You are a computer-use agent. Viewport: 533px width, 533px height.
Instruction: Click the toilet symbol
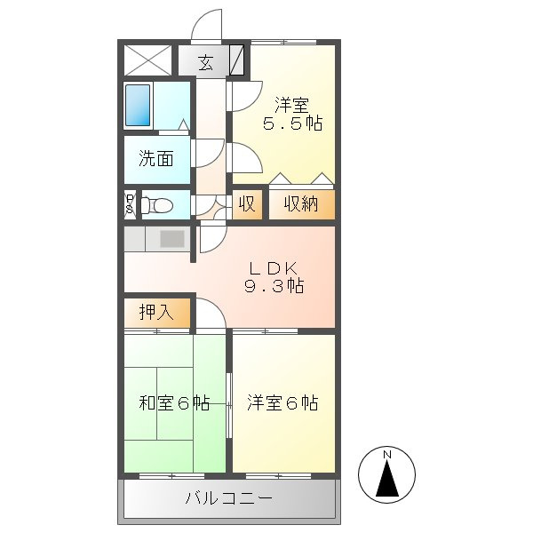[x=156, y=205]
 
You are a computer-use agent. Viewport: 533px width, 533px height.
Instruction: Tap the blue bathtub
[x=138, y=105]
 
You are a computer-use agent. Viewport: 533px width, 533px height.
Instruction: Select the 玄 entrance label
[x=206, y=62]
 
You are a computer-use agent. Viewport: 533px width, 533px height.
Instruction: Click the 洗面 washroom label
[x=156, y=158]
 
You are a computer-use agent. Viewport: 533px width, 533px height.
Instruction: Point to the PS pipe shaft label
[x=130, y=204]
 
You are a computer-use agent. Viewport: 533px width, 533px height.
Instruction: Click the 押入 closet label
[x=156, y=312]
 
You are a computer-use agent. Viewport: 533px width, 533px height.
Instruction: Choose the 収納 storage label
[x=301, y=204]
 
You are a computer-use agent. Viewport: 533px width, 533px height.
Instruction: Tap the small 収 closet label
[x=247, y=204]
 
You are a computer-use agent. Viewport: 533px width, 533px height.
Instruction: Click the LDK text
[x=274, y=268]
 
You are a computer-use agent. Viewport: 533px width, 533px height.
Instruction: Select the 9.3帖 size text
[x=274, y=285]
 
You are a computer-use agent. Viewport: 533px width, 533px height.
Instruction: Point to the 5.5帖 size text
[x=292, y=123]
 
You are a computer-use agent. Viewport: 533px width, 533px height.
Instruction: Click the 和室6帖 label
[x=174, y=402]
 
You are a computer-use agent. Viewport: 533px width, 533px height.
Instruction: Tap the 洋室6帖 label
[x=282, y=402]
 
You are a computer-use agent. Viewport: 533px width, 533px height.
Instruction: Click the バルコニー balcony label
[x=229, y=498]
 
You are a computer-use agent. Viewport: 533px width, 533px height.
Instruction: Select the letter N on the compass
[x=387, y=455]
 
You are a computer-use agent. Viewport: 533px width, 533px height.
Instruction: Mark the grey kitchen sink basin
[x=172, y=239]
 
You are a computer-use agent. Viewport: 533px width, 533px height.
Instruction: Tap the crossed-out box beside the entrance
[x=147, y=60]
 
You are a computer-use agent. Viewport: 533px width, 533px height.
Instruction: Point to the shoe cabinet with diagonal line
[x=236, y=60]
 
